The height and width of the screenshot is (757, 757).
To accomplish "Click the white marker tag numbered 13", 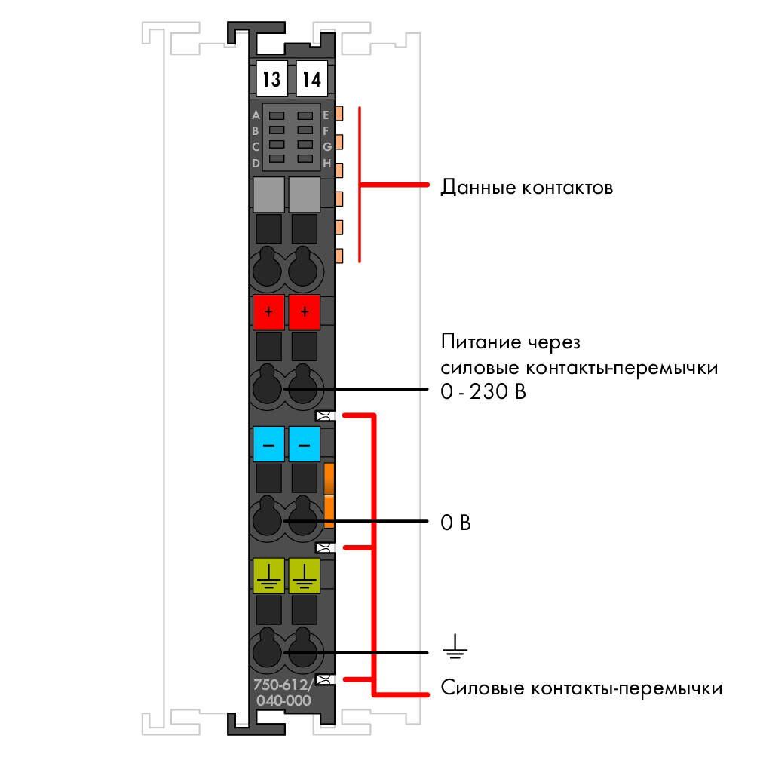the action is pos(271,78).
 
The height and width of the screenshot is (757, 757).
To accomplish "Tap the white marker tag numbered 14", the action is pos(311,78).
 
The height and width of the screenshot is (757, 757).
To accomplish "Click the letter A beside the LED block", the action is pos(256,115).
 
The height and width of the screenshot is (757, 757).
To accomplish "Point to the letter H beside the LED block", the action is pos(326,163).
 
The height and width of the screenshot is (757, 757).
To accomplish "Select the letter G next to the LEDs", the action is pos(326,147).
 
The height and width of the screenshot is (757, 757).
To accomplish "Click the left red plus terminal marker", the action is pos(268,312).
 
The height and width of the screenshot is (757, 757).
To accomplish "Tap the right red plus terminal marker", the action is pos(304,312).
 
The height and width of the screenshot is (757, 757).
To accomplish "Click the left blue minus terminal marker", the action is pos(268,444).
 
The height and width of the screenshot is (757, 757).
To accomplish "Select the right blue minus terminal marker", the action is pos(304,444).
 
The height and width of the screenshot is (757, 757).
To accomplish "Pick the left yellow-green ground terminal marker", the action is pos(268,576).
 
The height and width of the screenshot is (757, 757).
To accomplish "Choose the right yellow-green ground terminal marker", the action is pos(304,576).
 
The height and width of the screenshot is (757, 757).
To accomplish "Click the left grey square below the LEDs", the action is pos(268,195).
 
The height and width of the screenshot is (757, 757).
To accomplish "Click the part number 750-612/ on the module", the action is pos(283,685).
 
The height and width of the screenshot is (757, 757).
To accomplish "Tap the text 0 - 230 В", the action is pos(483,391).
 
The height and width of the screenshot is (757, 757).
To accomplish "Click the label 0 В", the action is pos(455,523).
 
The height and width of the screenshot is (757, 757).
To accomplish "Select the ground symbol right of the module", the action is pos(455,646).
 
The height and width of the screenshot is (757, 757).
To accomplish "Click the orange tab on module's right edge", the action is pos(329,495).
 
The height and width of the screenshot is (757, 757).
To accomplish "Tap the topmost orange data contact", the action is pos(339,113).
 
